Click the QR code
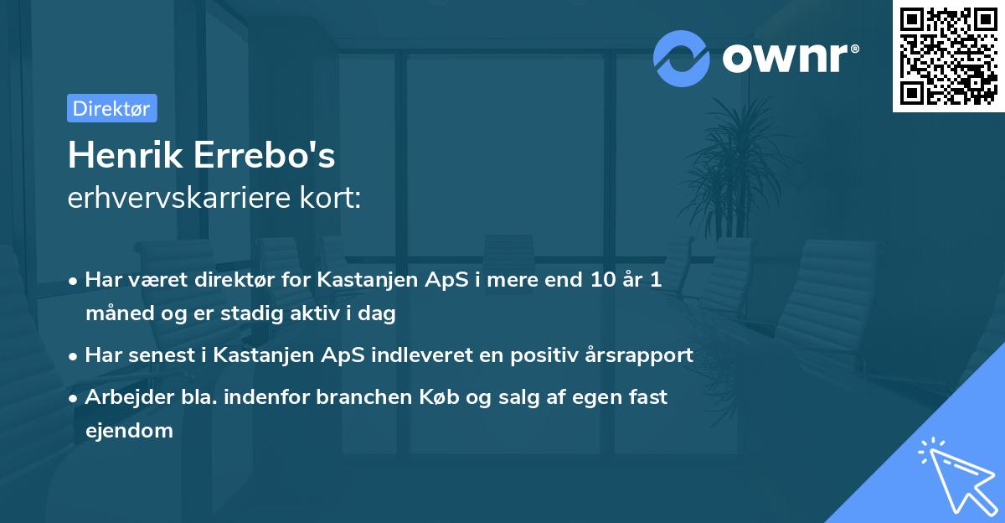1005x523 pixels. (949, 56)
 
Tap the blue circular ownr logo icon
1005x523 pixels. (682, 58)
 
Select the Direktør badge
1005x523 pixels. (111, 108)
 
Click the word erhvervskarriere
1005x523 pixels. (179, 198)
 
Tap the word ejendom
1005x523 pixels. (129, 431)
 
